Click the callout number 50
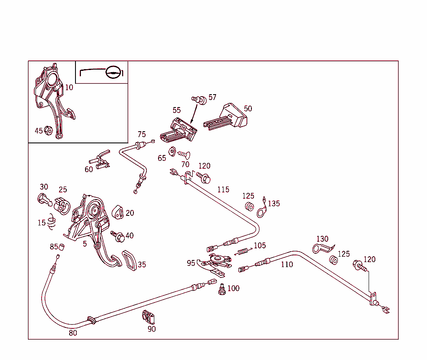(248, 109)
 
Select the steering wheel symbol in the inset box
(113, 72)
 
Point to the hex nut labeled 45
(48, 131)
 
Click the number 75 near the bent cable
(142, 134)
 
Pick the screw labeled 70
(184, 155)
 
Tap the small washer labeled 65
(171, 150)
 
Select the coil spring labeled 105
(243, 251)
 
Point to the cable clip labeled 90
(148, 317)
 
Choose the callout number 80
(73, 333)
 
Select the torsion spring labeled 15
(52, 222)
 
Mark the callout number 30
(44, 187)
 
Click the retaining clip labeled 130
(322, 249)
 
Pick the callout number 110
(287, 264)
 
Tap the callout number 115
(223, 190)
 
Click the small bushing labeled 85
(62, 247)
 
